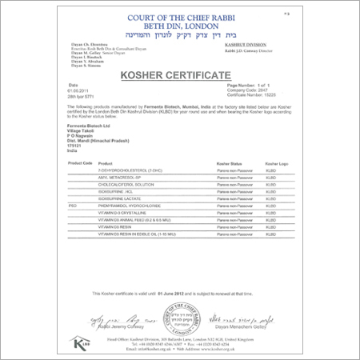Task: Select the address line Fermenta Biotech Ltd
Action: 88,127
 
